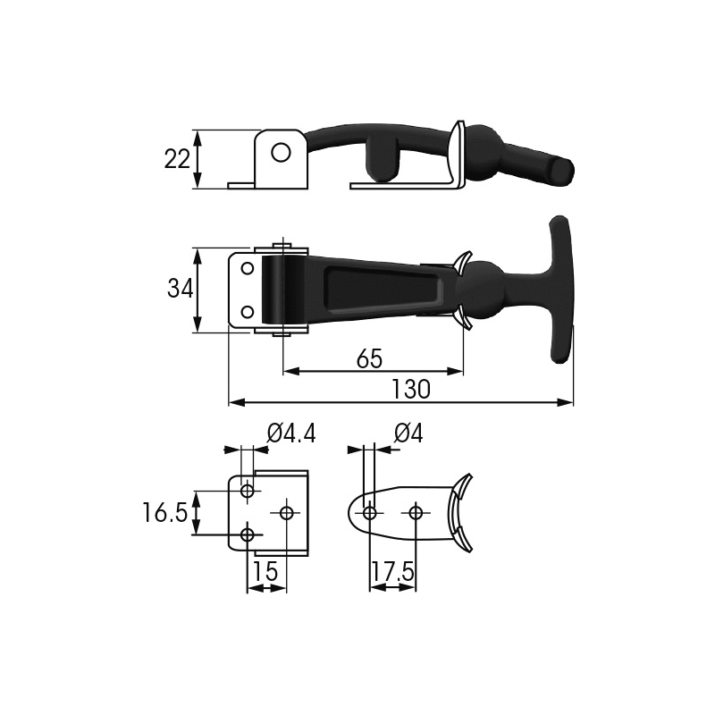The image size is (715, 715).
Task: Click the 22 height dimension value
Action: (178, 159)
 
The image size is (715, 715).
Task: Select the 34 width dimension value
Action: (180, 289)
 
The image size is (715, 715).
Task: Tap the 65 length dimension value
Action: (369, 358)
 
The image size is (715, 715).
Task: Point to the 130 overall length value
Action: (410, 390)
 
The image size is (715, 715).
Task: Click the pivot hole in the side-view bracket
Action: (281, 152)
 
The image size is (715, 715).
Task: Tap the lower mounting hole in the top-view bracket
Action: (248, 312)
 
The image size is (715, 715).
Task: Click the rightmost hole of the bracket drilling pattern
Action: (287, 512)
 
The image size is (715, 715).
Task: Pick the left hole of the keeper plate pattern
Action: (369, 512)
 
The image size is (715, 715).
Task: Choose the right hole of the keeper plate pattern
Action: (415, 512)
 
